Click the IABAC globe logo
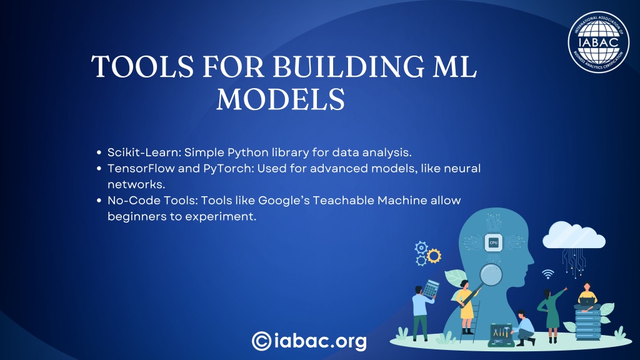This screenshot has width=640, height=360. (598, 42)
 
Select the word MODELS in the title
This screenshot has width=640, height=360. (281, 99)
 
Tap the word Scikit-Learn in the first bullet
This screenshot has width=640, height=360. (144, 152)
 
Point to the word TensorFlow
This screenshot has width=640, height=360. (141, 168)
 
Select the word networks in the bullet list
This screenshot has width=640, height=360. (136, 184)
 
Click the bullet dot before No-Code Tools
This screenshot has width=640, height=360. (99, 201)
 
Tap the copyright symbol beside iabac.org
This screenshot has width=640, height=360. (262, 341)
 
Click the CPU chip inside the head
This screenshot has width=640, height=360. (493, 243)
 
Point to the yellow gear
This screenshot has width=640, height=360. (434, 256)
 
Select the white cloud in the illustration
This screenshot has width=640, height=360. (574, 235)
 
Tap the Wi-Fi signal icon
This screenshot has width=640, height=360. (547, 274)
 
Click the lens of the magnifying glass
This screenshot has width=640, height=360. (491, 275)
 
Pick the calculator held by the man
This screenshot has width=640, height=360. (431, 289)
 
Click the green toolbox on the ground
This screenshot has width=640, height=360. (501, 335)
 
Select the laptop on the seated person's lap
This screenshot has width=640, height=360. (587, 302)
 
